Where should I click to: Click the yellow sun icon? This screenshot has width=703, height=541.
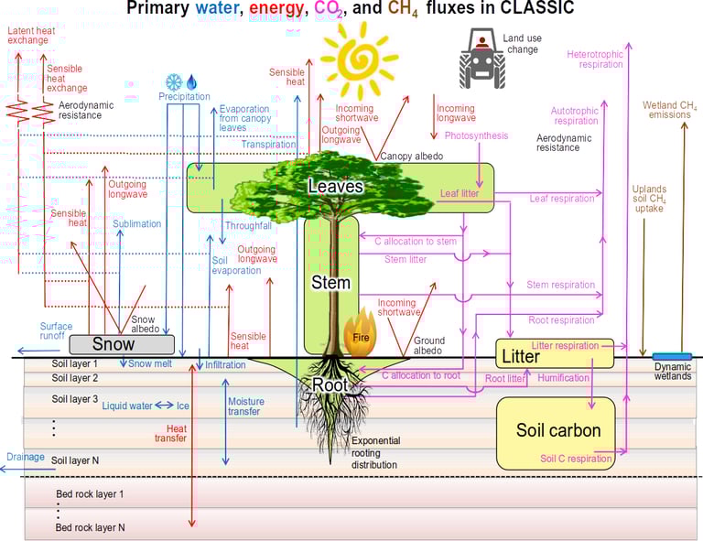[360, 60]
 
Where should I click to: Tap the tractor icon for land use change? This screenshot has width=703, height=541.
[481, 56]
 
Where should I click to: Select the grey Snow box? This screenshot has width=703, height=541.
[121, 344]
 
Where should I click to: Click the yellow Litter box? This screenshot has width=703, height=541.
[554, 354]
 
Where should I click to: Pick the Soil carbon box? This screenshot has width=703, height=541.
[557, 431]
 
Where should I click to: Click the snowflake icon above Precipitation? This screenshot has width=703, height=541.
[173, 81]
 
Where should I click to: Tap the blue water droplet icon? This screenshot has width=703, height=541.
[192, 81]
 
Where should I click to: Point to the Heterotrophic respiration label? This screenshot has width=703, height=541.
[595, 60]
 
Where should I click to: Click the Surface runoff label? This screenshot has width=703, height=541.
[56, 330]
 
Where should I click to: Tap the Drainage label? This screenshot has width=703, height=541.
[25, 456]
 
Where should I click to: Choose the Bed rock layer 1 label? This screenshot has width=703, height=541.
[90, 494]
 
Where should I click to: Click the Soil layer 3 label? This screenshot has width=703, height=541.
[75, 399]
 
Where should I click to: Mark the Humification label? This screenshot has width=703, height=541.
[564, 378]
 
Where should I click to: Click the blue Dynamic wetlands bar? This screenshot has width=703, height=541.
[672, 356]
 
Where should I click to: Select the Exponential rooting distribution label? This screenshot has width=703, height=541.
[376, 452]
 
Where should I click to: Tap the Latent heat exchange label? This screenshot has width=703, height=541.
[30, 36]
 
